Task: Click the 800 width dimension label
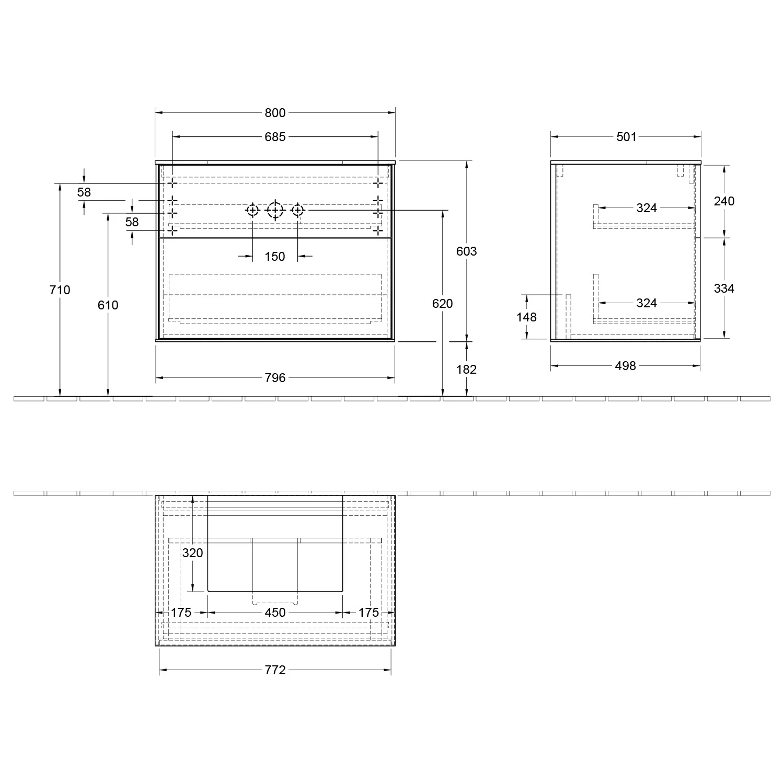click(275, 113)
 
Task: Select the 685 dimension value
click(275, 137)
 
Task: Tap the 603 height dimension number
click(466, 251)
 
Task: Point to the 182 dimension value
click(466, 370)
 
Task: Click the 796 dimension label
click(275, 377)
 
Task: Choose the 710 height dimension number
click(60, 290)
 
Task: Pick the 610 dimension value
click(108, 305)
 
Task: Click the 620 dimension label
click(443, 304)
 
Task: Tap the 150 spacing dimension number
click(275, 257)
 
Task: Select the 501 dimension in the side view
click(626, 137)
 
